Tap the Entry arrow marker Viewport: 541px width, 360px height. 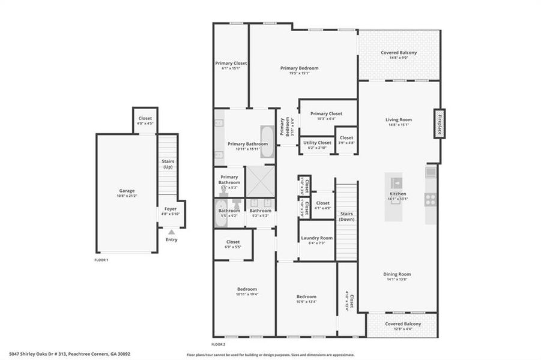[172, 232]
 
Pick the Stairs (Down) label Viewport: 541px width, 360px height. [346, 216]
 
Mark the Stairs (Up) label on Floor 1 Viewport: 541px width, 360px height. [168, 164]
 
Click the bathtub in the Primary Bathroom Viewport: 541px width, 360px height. [267, 142]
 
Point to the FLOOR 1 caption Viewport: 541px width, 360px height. [101, 260]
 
